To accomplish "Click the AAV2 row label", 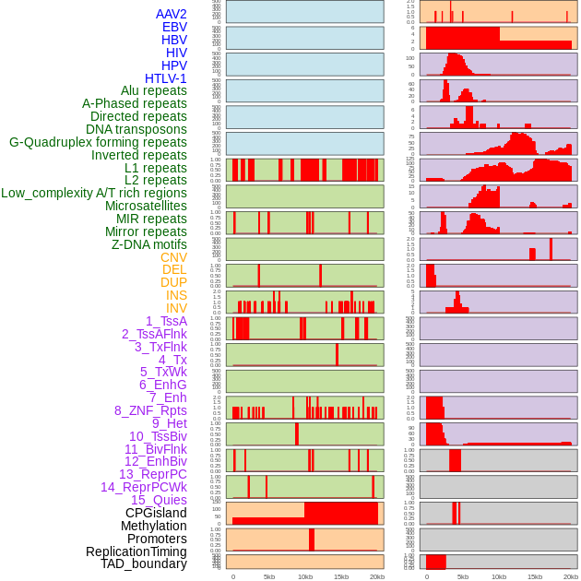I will pos(171,14).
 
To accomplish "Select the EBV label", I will pos(174,27).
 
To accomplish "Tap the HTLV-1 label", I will pos(165,78).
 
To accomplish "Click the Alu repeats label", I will pos(153,90).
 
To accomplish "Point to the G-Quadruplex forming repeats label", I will pos(98,142).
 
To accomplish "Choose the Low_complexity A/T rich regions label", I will pos(94,193).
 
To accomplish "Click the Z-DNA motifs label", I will pos(149,244).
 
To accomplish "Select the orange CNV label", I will pos(173,257).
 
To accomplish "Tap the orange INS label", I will pos(176,295).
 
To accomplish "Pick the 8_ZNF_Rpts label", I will pos(150,410).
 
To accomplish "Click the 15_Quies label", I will pos(159,500).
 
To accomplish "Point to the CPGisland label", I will pos(156,513).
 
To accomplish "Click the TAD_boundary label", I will pos(143,563).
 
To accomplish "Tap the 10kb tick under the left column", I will pos(304,576).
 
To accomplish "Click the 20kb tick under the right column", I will pos(570,576).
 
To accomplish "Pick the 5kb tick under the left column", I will pos(268,576).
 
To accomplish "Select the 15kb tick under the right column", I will pos(534,576).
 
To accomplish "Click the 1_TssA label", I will pos(166,321).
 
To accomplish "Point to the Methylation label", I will pos(153,526).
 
